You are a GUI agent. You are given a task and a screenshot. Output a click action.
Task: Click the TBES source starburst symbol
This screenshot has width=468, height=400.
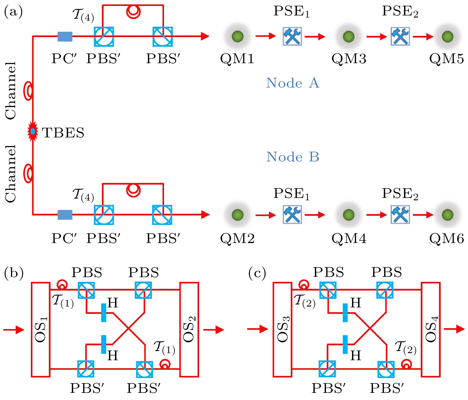point(33,131)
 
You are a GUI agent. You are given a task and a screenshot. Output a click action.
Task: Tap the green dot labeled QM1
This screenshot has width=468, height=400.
point(237,36)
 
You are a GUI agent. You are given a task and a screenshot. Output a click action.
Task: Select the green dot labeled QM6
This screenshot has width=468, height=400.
point(447,215)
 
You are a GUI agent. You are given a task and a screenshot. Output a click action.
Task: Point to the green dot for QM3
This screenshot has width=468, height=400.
point(349,36)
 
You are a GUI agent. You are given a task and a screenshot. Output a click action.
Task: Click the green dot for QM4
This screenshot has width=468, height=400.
point(349,215)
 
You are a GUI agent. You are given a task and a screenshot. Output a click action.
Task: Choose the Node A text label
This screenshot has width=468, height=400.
point(292,83)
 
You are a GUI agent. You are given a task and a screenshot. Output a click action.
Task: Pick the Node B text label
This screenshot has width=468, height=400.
point(292,157)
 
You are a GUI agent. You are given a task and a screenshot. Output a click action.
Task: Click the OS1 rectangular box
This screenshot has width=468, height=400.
point(41,329)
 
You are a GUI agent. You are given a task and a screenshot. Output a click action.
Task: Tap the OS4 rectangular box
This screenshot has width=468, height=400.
point(431,329)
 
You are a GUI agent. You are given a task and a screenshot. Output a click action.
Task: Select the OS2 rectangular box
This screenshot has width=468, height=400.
point(189,329)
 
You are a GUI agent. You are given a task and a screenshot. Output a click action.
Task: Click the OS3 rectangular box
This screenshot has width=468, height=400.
point(282,329)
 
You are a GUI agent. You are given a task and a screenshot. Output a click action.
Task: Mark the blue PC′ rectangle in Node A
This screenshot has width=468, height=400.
point(65,36)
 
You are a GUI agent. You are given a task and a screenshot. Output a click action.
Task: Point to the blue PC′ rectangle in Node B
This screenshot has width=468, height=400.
point(65,215)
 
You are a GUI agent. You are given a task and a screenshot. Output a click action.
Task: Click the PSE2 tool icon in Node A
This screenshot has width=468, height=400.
point(400,36)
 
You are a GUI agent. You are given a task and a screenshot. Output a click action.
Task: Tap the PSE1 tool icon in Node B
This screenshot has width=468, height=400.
point(292,215)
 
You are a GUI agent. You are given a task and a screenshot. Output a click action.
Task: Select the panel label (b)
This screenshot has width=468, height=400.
point(14,273)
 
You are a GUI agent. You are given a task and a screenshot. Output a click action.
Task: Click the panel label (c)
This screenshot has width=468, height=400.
point(257,273)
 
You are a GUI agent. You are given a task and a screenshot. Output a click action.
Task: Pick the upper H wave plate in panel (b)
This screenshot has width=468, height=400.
point(103,312)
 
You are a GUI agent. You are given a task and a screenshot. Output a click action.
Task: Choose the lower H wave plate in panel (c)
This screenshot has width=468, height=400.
point(345,345)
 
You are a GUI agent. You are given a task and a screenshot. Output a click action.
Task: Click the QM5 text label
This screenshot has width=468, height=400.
point(446,59)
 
